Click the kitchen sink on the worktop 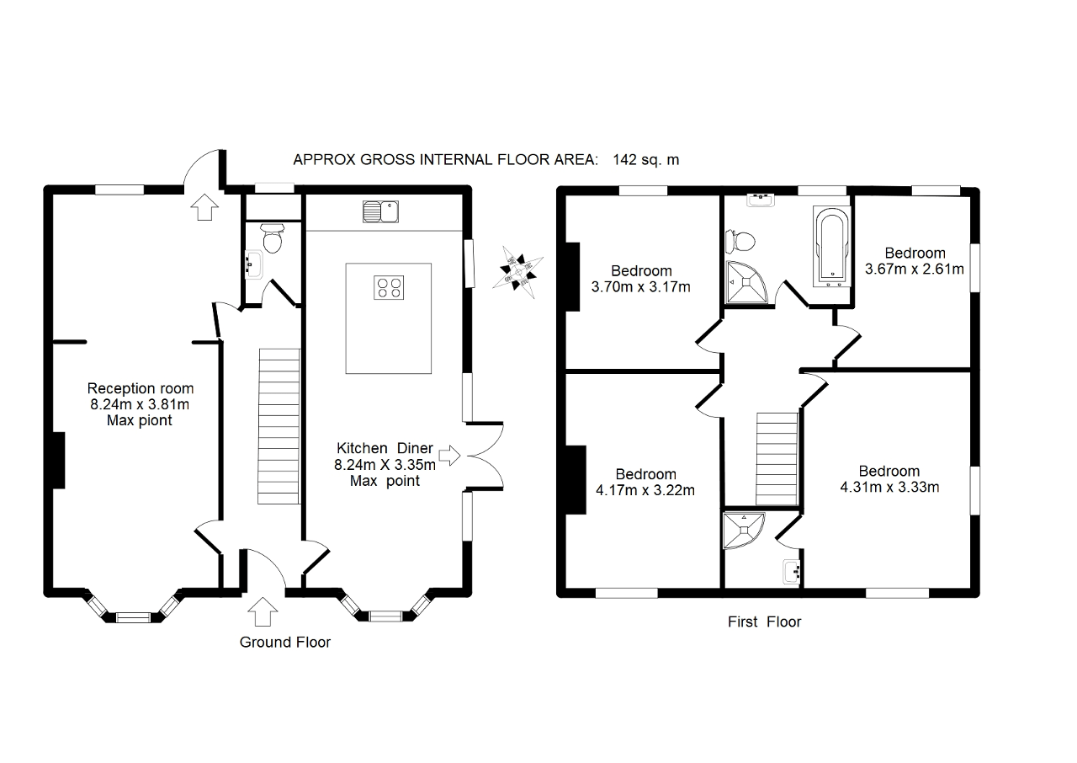point(383,211)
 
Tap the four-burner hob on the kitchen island point(389,287)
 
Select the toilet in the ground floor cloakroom point(272,239)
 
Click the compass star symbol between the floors point(515,269)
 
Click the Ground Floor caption point(285,643)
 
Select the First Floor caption point(764,622)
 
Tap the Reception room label point(141,388)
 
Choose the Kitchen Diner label point(385,448)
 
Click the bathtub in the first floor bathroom point(830,244)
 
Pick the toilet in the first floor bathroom point(741,241)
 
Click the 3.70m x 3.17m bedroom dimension point(641,287)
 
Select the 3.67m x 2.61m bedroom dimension point(915,269)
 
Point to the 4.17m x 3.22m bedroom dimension point(645,490)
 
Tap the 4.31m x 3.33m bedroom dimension point(889,487)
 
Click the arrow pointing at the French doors point(450,456)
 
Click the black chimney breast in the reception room point(60,460)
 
